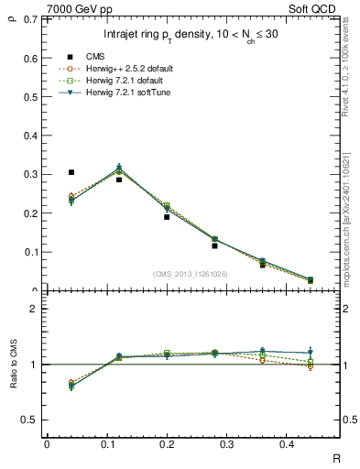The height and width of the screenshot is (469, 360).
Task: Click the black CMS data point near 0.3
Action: click(x=71, y=172)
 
